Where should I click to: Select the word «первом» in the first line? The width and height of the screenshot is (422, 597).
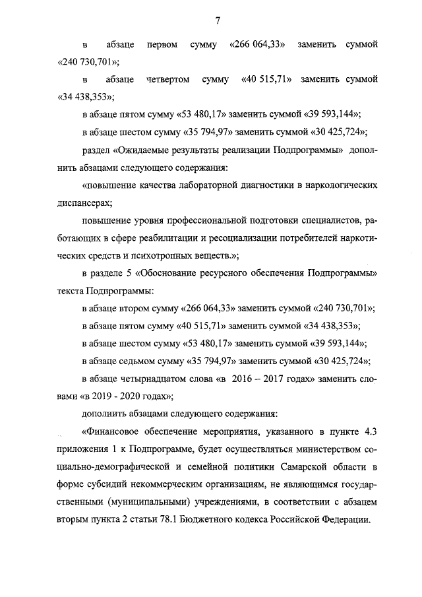point(162,45)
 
